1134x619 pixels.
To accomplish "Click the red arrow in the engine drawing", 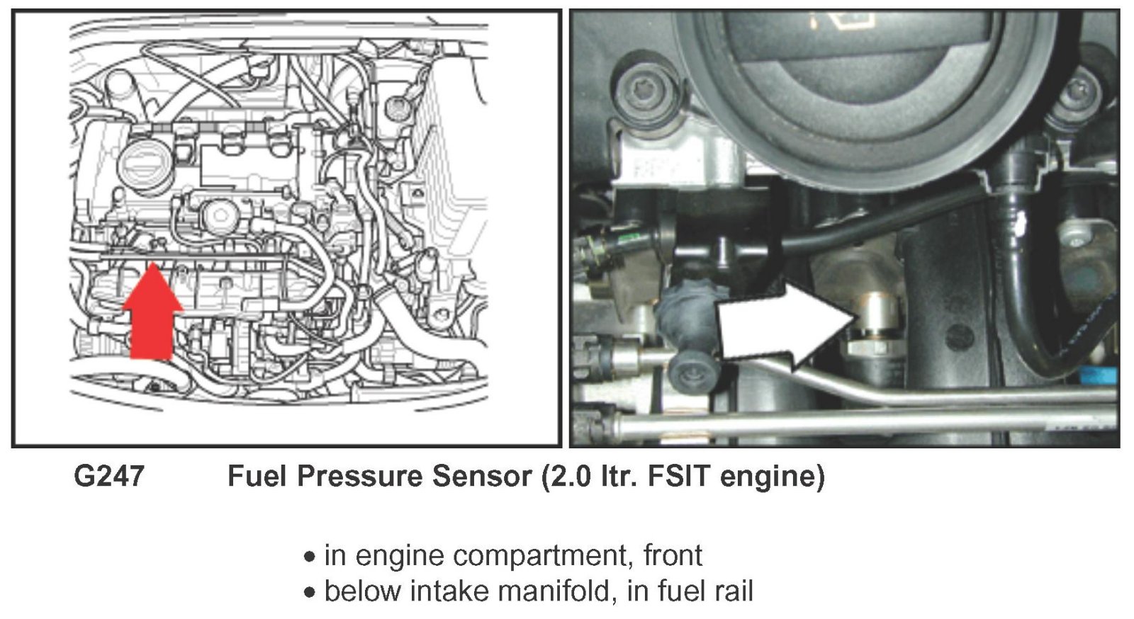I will coord(152,312).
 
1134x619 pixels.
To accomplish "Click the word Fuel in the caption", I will coord(257,476).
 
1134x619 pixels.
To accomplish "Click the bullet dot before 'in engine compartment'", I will coord(309,557).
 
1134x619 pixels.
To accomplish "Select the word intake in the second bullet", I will coord(453,590).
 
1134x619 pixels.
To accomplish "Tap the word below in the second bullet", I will coord(364,590).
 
